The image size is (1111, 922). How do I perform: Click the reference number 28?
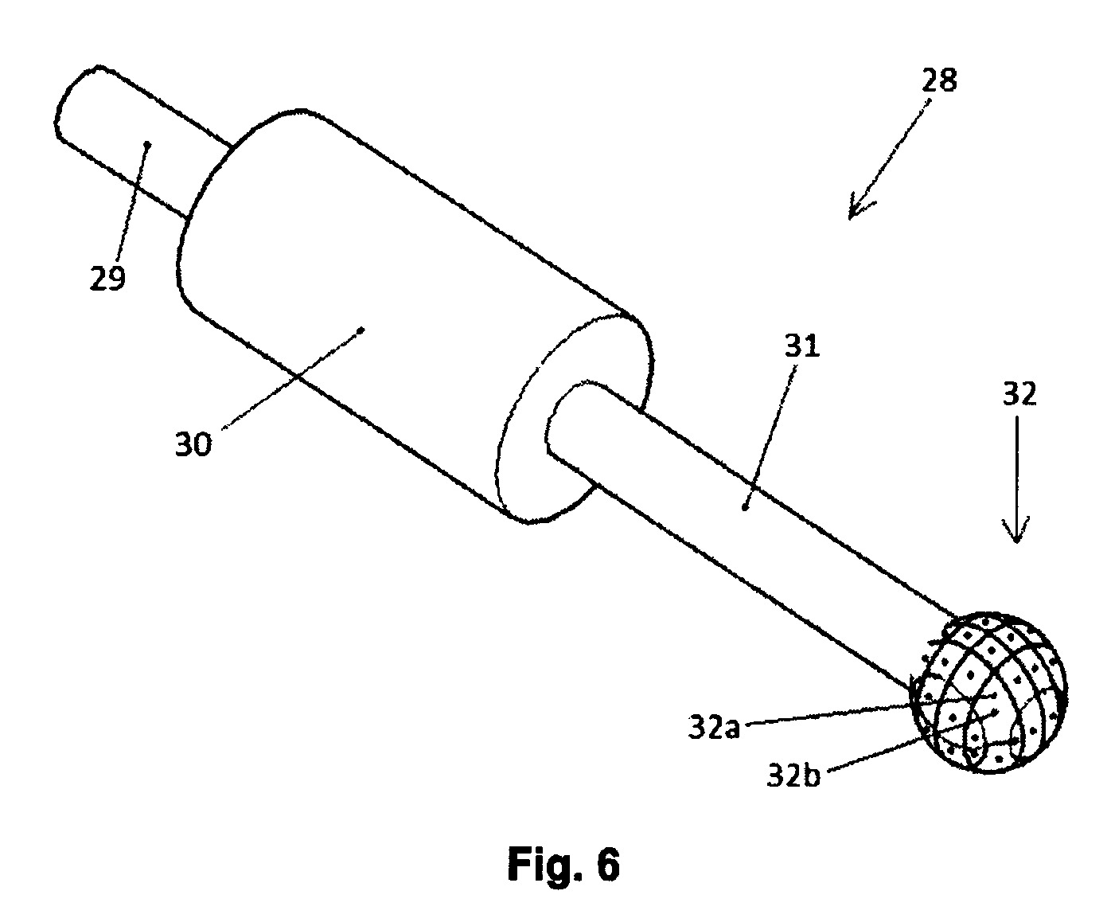pyautogui.click(x=939, y=80)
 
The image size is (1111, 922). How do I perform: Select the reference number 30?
pyautogui.click(x=193, y=444)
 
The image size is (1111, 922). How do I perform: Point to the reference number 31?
pyautogui.click(x=802, y=346)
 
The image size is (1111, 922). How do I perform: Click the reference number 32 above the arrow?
pyautogui.click(x=1020, y=394)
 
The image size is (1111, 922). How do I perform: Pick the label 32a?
pyautogui.click(x=714, y=727)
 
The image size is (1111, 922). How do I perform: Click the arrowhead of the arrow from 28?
pyautogui.click(x=858, y=208)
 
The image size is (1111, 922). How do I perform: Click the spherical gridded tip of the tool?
pyautogui.click(x=989, y=693)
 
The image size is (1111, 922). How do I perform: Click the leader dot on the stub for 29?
pyautogui.click(x=148, y=144)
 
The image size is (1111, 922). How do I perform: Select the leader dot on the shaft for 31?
pyautogui.click(x=746, y=509)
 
